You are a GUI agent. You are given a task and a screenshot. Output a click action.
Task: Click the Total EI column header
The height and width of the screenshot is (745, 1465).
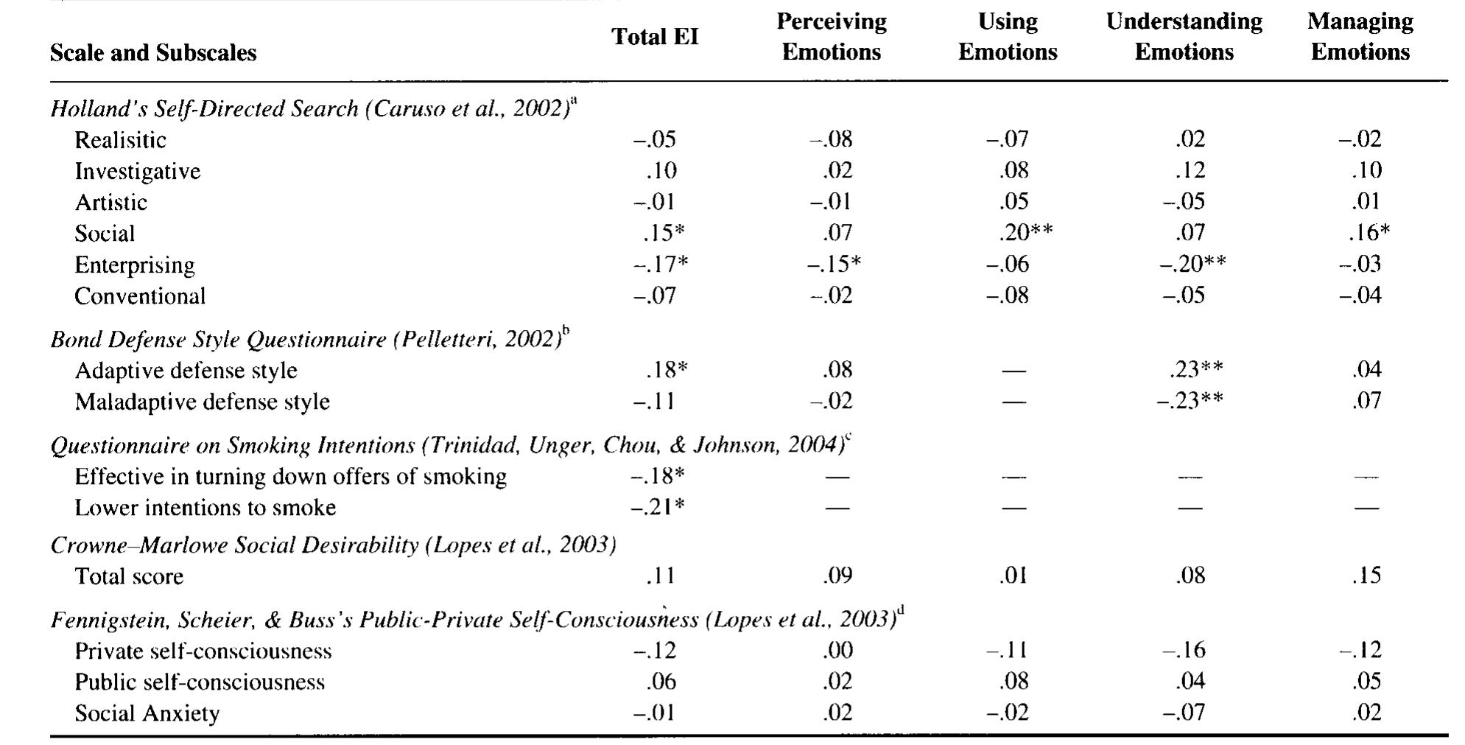654,37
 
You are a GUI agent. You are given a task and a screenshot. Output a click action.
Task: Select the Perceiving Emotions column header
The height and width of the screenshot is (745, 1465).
831,37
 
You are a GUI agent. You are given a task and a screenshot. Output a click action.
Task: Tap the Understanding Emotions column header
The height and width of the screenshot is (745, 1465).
1184,37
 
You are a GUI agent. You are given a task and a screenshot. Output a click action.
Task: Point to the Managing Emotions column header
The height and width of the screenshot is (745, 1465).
1360,37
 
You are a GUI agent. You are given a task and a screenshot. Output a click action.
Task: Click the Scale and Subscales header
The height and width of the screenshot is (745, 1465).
153,53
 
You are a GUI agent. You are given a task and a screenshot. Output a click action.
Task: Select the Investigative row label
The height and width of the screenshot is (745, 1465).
137,171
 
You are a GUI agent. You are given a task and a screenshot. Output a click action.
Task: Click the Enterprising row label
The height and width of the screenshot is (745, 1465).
135,265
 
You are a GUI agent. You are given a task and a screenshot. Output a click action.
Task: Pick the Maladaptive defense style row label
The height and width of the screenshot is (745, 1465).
202,402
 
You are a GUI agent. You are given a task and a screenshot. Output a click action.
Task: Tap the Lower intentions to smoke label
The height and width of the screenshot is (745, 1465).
205,508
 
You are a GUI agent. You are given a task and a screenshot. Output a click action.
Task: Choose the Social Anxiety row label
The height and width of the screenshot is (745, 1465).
147,713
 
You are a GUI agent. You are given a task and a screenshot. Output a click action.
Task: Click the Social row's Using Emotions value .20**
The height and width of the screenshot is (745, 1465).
1025,233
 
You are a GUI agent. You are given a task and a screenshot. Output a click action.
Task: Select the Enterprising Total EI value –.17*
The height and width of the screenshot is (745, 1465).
661,265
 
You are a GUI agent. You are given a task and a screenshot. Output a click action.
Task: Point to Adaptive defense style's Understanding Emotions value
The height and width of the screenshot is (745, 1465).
1195,369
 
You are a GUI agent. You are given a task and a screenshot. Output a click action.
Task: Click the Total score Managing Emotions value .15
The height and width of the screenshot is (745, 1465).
1366,576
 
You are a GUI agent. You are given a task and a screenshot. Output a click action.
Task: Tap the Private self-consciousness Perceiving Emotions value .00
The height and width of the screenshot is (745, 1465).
837,650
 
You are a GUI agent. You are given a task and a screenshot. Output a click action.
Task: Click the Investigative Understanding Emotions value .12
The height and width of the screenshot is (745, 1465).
1190,170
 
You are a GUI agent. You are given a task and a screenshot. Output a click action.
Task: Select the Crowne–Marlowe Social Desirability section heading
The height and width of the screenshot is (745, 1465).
333,545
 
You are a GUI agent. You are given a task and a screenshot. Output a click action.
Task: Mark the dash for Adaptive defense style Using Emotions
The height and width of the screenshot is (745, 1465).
1013,371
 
